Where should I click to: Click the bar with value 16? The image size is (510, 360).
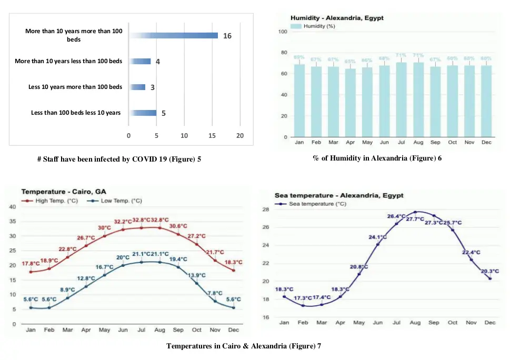174,35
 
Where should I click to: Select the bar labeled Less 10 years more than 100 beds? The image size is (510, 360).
137,87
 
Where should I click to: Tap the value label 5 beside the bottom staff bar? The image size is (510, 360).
163,113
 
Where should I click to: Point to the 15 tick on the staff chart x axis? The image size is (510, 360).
212,136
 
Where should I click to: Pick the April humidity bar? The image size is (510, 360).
349,103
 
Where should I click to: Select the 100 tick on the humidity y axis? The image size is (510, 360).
282,32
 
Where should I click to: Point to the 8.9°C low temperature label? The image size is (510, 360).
67,289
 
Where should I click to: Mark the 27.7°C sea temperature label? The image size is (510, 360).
415,219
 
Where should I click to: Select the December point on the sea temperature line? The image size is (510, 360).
490,278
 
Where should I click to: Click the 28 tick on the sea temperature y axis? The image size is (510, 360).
266,209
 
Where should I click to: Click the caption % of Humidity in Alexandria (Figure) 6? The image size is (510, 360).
377,158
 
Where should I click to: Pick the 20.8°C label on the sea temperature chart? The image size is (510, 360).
359,267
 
